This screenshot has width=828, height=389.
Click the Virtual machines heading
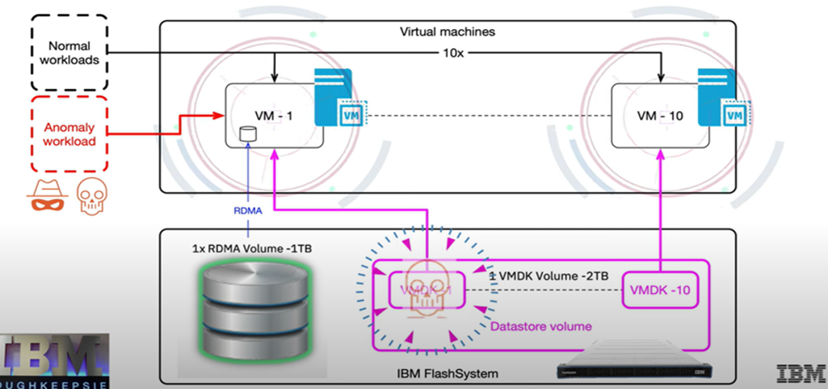(447, 32)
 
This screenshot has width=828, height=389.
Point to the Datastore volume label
(541, 326)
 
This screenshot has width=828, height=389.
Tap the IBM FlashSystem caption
(447, 373)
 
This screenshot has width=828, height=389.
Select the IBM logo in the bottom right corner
(800, 373)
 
